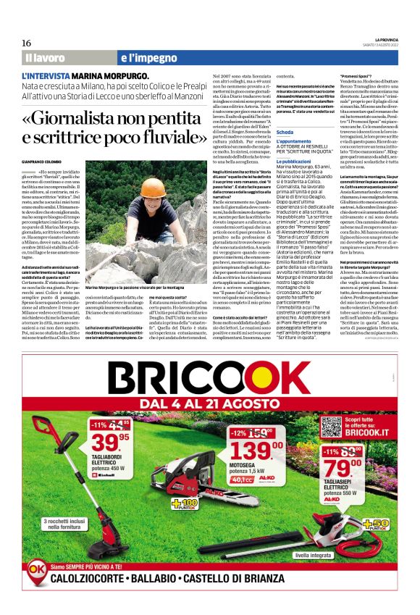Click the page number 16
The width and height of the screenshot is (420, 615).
(26, 43)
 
